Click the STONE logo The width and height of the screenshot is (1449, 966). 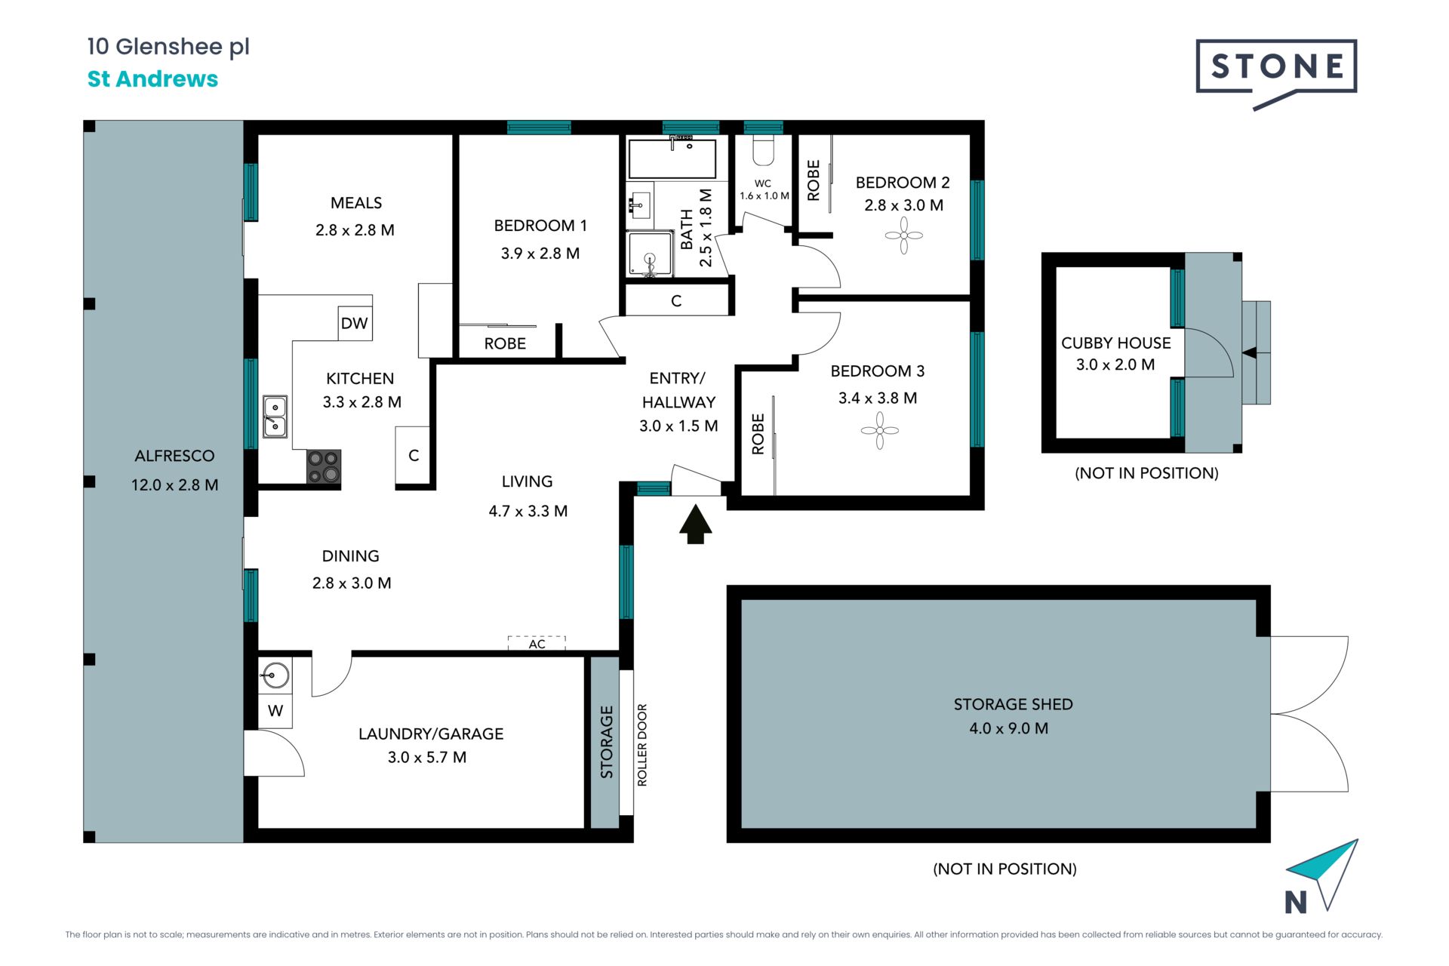pos(1276,72)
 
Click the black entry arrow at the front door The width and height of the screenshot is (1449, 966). pos(695,525)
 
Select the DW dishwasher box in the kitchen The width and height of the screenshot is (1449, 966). pos(355,323)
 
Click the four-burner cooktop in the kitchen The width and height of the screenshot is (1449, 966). pos(324,466)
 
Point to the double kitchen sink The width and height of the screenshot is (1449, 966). pos(275,417)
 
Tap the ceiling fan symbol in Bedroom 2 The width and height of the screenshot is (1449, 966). pos(903,236)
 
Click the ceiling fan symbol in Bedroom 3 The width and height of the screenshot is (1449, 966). pos(879,431)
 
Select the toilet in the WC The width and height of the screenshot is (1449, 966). pos(763,150)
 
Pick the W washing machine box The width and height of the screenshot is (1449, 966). pos(275,711)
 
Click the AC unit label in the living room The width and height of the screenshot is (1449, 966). pos(537,644)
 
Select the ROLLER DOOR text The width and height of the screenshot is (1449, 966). pos(642,745)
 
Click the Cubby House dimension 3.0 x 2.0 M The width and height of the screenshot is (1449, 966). pos(1115,365)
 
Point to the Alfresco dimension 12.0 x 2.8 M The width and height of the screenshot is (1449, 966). pos(175,485)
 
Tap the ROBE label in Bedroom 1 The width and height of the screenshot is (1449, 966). pos(505,343)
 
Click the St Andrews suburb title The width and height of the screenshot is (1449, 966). pos(152,78)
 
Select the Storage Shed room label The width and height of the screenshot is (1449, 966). pos(1013,704)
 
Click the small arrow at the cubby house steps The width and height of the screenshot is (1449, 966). pos(1249,352)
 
